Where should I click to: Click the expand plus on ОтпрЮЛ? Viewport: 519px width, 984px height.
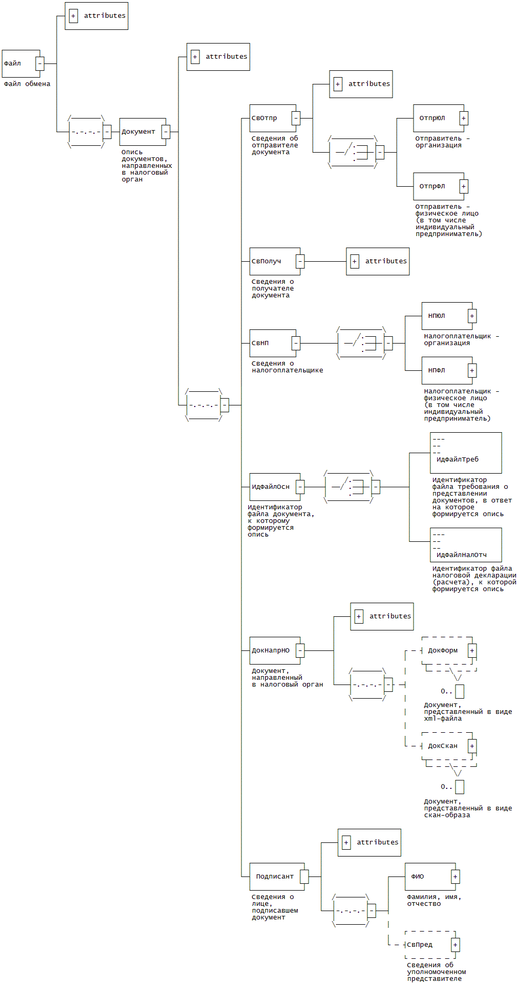click(463, 118)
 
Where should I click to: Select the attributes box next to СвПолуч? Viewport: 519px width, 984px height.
click(378, 261)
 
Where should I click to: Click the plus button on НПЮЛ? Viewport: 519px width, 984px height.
click(472, 316)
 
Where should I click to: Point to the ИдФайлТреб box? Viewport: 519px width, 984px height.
click(466, 453)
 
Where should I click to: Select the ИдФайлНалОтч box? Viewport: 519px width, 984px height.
click(466, 545)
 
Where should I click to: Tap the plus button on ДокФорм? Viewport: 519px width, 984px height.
click(472, 650)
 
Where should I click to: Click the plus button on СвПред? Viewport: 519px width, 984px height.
click(455, 945)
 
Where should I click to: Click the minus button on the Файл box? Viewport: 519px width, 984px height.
click(40, 63)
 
